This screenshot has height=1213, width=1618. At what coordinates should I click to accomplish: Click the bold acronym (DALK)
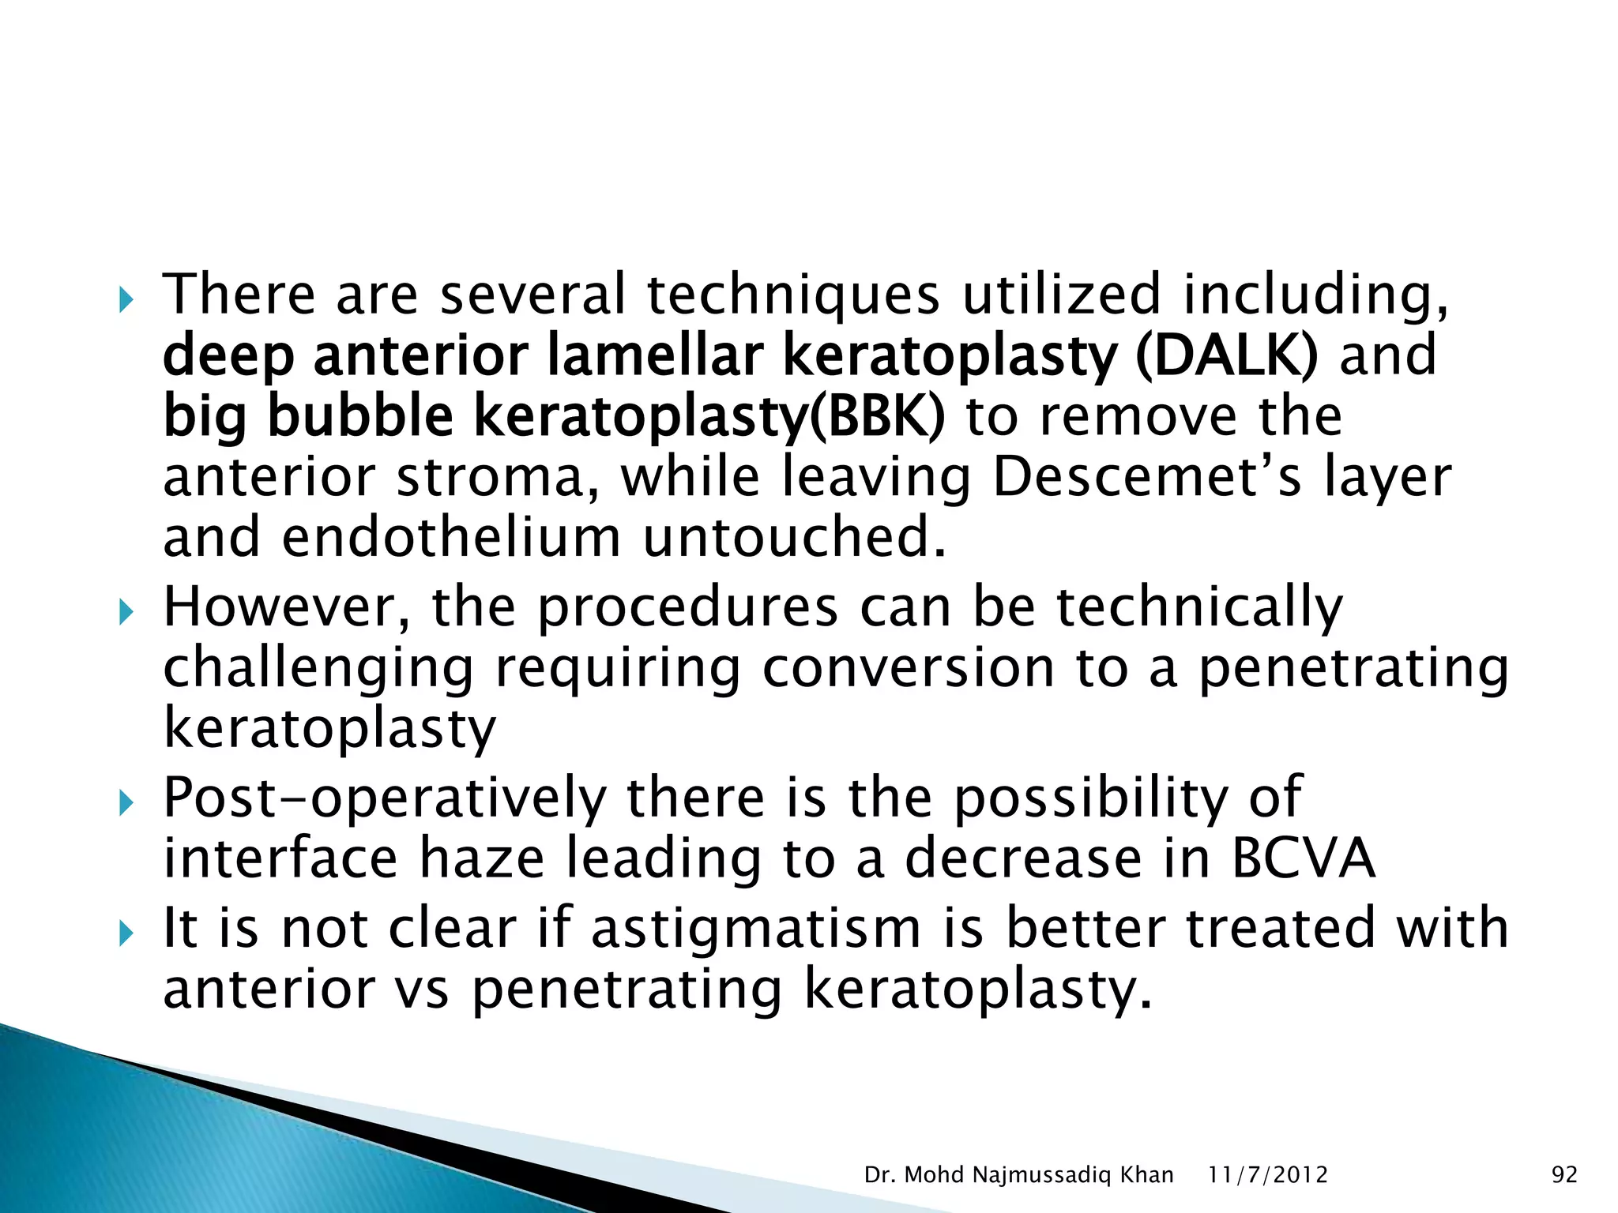point(1226,356)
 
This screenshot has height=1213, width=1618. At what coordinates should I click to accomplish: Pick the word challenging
point(318,670)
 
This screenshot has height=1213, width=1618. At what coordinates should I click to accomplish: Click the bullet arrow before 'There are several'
point(126,300)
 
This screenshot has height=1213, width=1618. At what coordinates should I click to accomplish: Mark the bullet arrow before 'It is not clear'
point(126,933)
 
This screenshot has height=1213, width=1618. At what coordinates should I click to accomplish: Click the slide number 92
point(1564,1175)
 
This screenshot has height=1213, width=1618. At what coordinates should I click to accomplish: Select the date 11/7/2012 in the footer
point(1268,1175)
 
